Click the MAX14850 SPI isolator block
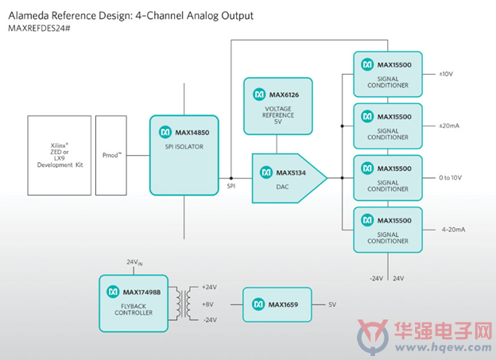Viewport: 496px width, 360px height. pos(184,155)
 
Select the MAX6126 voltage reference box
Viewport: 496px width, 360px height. pos(278,106)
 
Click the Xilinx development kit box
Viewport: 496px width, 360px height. pos(59,155)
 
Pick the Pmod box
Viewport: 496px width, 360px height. pos(111,155)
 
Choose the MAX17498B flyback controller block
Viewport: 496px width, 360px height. pos(134,304)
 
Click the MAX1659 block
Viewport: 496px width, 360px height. pos(277,304)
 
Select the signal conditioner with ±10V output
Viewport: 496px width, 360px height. pos(388,74)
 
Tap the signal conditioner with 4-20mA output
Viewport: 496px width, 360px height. pos(388,230)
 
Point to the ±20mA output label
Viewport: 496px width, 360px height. pos(449,126)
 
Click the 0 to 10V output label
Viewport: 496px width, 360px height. pos(450,178)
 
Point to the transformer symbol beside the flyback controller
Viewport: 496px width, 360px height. pos(184,304)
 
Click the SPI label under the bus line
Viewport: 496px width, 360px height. pos(231,186)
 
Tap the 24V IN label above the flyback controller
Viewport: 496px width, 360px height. pos(134,262)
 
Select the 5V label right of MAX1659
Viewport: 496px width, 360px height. pos(332,304)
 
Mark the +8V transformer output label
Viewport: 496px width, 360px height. pos(207,304)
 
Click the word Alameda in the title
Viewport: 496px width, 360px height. pos(29,16)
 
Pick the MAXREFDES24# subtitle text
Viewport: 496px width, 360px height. pos(39,28)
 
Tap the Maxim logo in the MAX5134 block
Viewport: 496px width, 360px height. pos(266,172)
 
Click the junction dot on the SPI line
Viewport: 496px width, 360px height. pos(231,178)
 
